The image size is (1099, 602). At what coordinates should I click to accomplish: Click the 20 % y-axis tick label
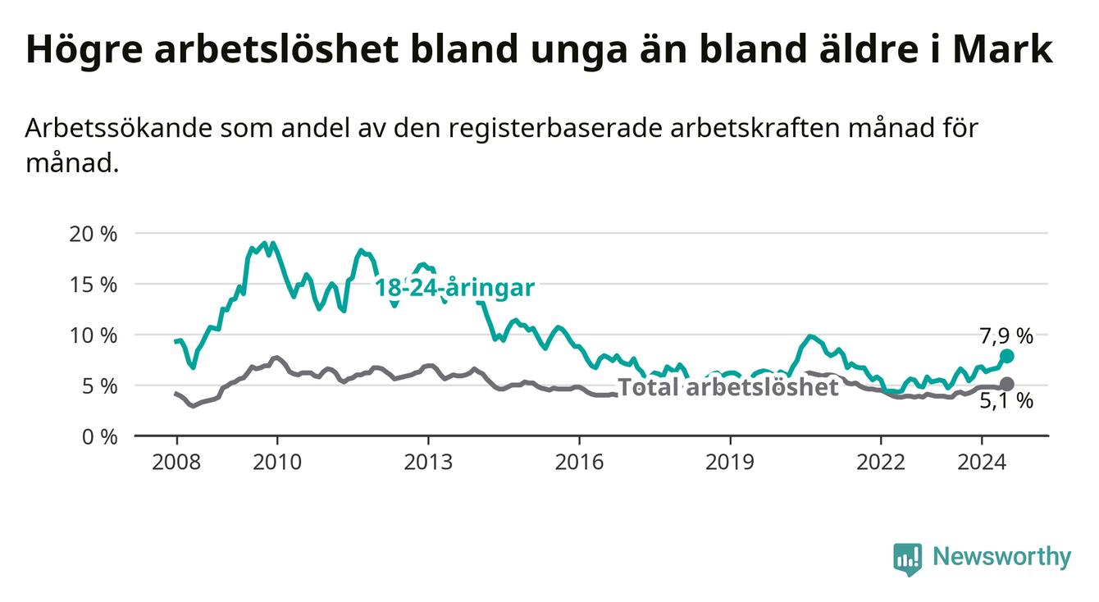tap(93, 234)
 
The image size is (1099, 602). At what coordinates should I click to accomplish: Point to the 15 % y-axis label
tap(93, 285)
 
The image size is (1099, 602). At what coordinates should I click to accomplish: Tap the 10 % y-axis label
tap(93, 335)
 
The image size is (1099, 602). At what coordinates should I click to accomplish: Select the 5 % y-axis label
tap(99, 386)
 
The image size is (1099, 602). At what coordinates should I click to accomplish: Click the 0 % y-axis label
tap(99, 437)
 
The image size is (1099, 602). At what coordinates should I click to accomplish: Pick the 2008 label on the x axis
tap(176, 463)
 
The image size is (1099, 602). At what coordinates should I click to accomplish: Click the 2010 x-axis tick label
tap(277, 463)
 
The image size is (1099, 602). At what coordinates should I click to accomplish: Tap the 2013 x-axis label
tap(428, 463)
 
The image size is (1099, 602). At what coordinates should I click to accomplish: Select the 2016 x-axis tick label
tap(579, 463)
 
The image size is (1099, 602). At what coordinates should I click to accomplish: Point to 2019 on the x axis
tap(730, 463)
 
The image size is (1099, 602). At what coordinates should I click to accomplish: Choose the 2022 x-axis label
tap(881, 463)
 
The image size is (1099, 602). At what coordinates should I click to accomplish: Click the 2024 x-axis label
tap(982, 463)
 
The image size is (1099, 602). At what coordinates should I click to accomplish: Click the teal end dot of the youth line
tap(1007, 356)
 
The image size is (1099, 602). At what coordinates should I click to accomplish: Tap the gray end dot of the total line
tap(1007, 384)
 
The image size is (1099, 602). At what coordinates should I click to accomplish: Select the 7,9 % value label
tap(1006, 336)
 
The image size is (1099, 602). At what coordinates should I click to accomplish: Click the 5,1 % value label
tap(1006, 401)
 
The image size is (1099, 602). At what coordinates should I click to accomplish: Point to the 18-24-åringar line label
tap(455, 288)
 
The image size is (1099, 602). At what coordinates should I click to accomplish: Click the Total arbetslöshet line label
tap(728, 387)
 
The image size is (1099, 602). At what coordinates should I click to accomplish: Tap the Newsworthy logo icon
tap(908, 559)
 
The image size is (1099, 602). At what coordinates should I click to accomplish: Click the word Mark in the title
tap(1003, 49)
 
